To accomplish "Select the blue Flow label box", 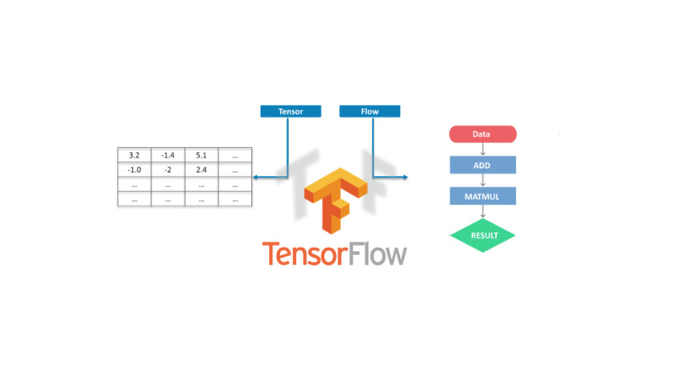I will (370, 111).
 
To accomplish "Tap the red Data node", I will (482, 134).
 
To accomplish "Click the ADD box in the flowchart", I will (482, 165).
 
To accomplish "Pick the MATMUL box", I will (482, 196).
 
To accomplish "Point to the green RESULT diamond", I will (482, 236).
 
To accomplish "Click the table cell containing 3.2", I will (134, 155).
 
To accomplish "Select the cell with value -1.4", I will (167, 155).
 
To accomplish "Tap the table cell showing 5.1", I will (201, 155).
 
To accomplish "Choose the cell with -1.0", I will (134, 170).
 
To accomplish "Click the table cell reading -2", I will (167, 170).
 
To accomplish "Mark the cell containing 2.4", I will (201, 170).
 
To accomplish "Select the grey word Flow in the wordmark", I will (376, 254).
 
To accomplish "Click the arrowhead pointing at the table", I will (255, 177).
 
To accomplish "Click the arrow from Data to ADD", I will (482, 150).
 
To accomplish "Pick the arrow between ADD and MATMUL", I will (482, 181).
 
